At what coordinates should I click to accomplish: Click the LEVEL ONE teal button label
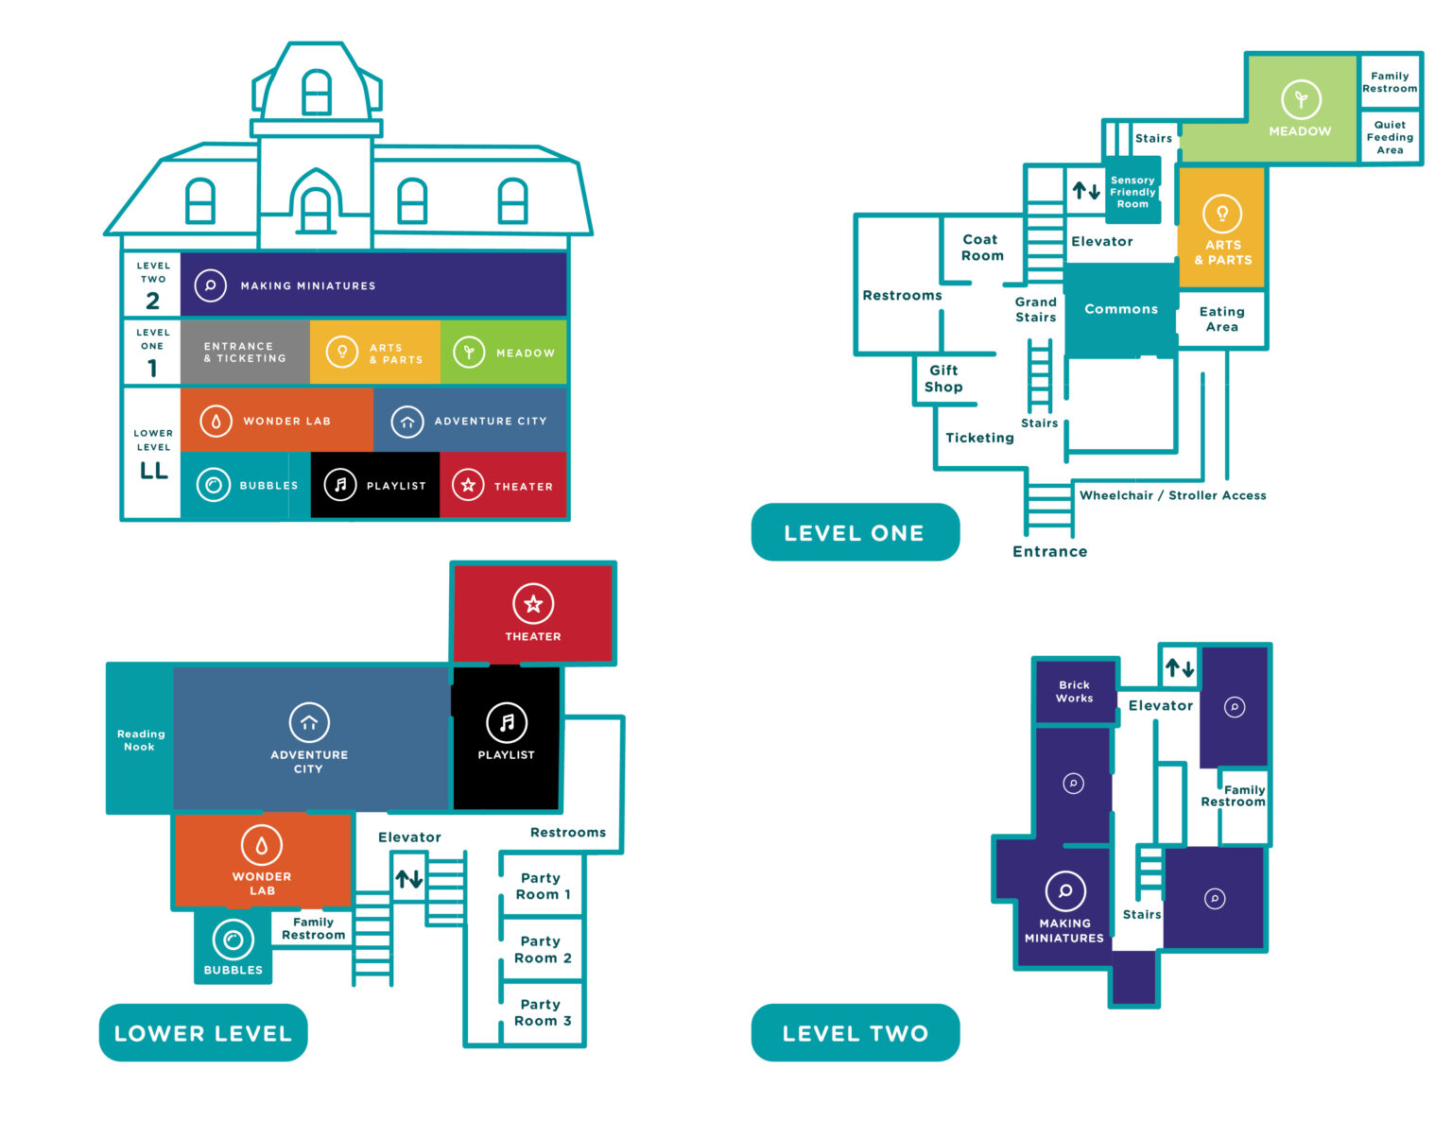pos(855,532)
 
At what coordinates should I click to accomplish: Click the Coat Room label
pos(981,247)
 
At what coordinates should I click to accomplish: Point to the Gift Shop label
pos(942,378)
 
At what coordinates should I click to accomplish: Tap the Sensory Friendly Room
pos(1132,191)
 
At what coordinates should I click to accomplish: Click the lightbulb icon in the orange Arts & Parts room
pos(1221,214)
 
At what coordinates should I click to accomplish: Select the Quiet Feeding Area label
pos(1390,137)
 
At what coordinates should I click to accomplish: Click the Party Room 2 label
pos(542,949)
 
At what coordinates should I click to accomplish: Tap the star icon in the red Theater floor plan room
pos(532,604)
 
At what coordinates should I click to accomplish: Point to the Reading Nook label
pos(140,740)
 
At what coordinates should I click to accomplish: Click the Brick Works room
pos(1075,691)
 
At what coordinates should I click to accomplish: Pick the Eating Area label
pos(1221,319)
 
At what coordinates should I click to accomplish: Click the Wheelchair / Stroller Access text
pos(1173,495)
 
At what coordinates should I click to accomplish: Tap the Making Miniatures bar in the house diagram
pos(372,285)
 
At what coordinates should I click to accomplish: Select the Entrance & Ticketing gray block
pos(245,352)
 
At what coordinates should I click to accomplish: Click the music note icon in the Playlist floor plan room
pos(507,722)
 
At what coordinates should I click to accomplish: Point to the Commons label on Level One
pos(1120,308)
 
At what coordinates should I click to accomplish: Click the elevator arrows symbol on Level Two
pos(1180,667)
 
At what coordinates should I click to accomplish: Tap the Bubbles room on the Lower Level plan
pos(233,945)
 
